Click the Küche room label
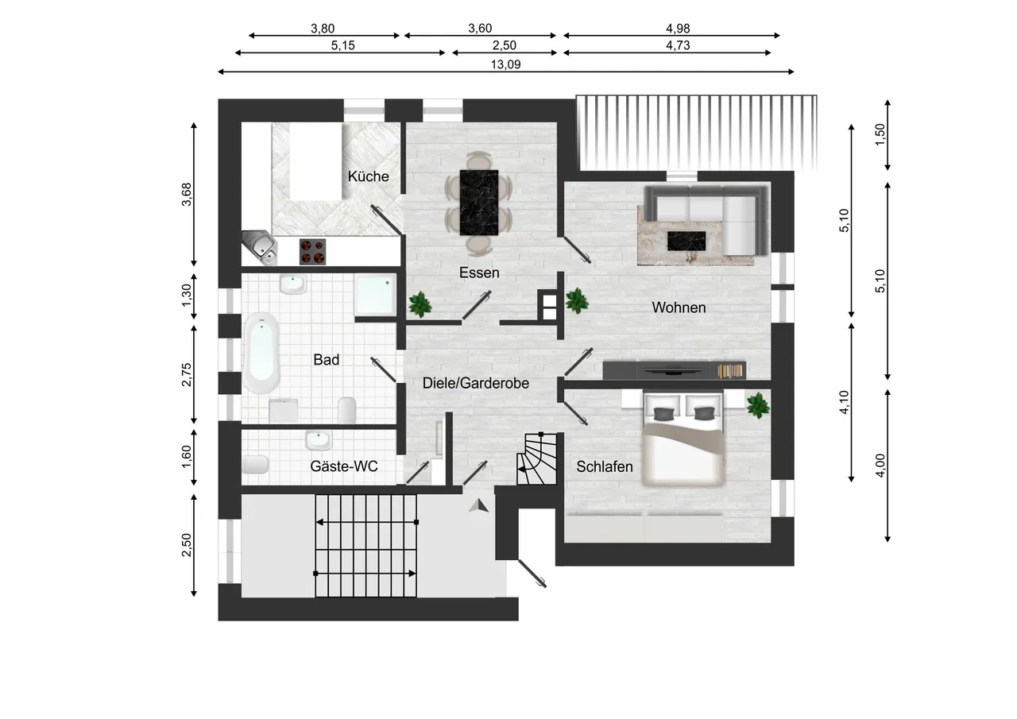[x=368, y=176]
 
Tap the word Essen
[x=479, y=273]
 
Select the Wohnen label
[x=679, y=307]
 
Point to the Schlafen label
[x=605, y=466]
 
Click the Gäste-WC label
[x=344, y=466]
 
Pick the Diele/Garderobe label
[x=476, y=383]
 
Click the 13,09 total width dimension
[x=505, y=64]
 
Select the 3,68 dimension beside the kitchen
[x=187, y=195]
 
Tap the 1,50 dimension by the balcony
[x=880, y=135]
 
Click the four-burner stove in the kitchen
[x=312, y=252]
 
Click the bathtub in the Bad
[x=261, y=353]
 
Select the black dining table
[x=478, y=203]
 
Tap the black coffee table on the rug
[x=686, y=241]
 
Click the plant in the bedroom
[x=757, y=405]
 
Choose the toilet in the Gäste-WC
[x=255, y=464]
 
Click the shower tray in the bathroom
[x=375, y=294]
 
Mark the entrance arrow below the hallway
[x=478, y=505]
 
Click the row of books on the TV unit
[x=730, y=371]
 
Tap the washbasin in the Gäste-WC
[x=318, y=440]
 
